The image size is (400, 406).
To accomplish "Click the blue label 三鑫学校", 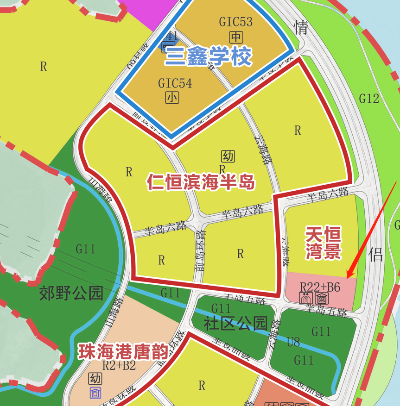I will click(x=208, y=56).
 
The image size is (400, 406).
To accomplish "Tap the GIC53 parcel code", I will click(x=236, y=22).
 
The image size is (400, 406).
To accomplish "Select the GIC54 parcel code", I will click(x=175, y=84).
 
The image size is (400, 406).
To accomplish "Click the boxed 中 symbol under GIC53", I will click(x=236, y=37).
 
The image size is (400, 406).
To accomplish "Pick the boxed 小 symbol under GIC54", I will click(x=172, y=98).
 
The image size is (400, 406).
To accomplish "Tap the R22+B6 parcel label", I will click(x=320, y=287).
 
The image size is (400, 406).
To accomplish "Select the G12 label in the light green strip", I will click(x=369, y=98).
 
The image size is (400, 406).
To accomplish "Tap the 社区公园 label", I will click(x=235, y=323).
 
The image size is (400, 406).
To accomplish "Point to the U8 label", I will click(x=293, y=342).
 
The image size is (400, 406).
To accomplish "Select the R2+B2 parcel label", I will click(x=119, y=366).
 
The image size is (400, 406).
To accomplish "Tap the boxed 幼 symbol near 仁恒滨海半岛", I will click(x=228, y=156).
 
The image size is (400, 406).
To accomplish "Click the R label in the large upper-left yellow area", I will click(x=43, y=67).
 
